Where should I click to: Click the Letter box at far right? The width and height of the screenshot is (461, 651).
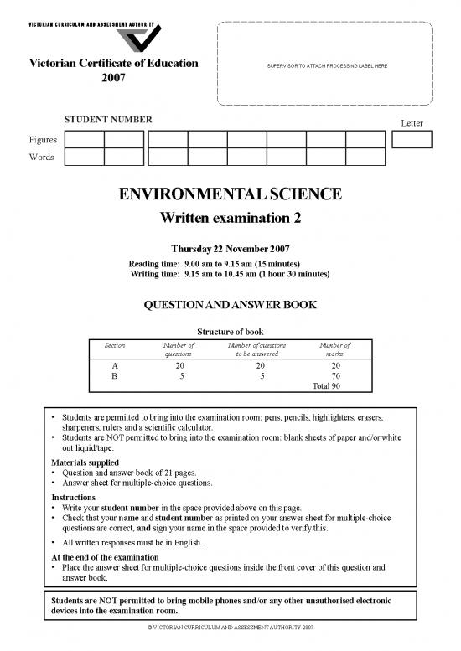pyautogui.click(x=411, y=140)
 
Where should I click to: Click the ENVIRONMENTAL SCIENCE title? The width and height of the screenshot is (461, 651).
pyautogui.click(x=230, y=195)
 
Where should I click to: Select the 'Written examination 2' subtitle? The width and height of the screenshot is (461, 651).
pyautogui.click(x=230, y=219)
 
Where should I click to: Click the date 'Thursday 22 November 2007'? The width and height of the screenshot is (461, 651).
pyautogui.click(x=230, y=249)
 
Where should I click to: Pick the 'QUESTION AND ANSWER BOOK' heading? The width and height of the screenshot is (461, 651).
pyautogui.click(x=230, y=304)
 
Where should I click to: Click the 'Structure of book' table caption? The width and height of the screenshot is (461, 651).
pyautogui.click(x=230, y=332)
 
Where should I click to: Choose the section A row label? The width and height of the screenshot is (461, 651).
pyautogui.click(x=114, y=365)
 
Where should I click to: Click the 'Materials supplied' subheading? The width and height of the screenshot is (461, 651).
pyautogui.click(x=85, y=462)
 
